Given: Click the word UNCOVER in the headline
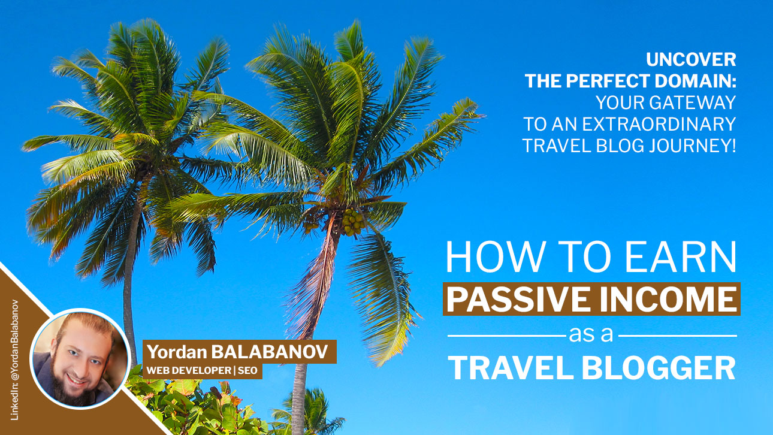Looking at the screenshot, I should point(690,60).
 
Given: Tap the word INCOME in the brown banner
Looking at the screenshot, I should point(668,298).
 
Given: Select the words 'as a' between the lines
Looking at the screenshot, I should point(593,334).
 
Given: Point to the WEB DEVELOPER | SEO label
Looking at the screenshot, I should point(202,371).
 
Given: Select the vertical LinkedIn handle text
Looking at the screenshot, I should point(15,360).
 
